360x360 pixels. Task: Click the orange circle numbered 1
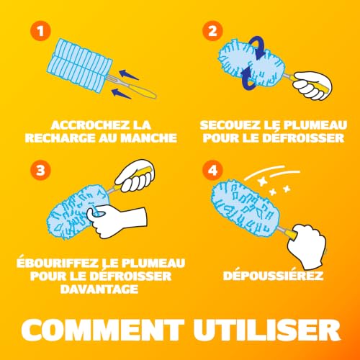40,31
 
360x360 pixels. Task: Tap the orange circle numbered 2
212,31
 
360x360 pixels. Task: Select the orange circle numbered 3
40,170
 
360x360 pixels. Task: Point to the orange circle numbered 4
212,170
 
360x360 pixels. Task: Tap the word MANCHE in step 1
149,138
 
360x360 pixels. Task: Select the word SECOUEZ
230,125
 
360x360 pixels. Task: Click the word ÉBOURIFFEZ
58,263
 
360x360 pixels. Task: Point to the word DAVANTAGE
99,289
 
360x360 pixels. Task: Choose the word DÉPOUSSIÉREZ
273,276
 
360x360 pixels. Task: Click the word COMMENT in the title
103,330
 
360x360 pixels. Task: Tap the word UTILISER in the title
267,330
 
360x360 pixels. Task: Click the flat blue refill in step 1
79,66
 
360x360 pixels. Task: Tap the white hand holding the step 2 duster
312,86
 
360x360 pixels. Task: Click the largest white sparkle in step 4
263,181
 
